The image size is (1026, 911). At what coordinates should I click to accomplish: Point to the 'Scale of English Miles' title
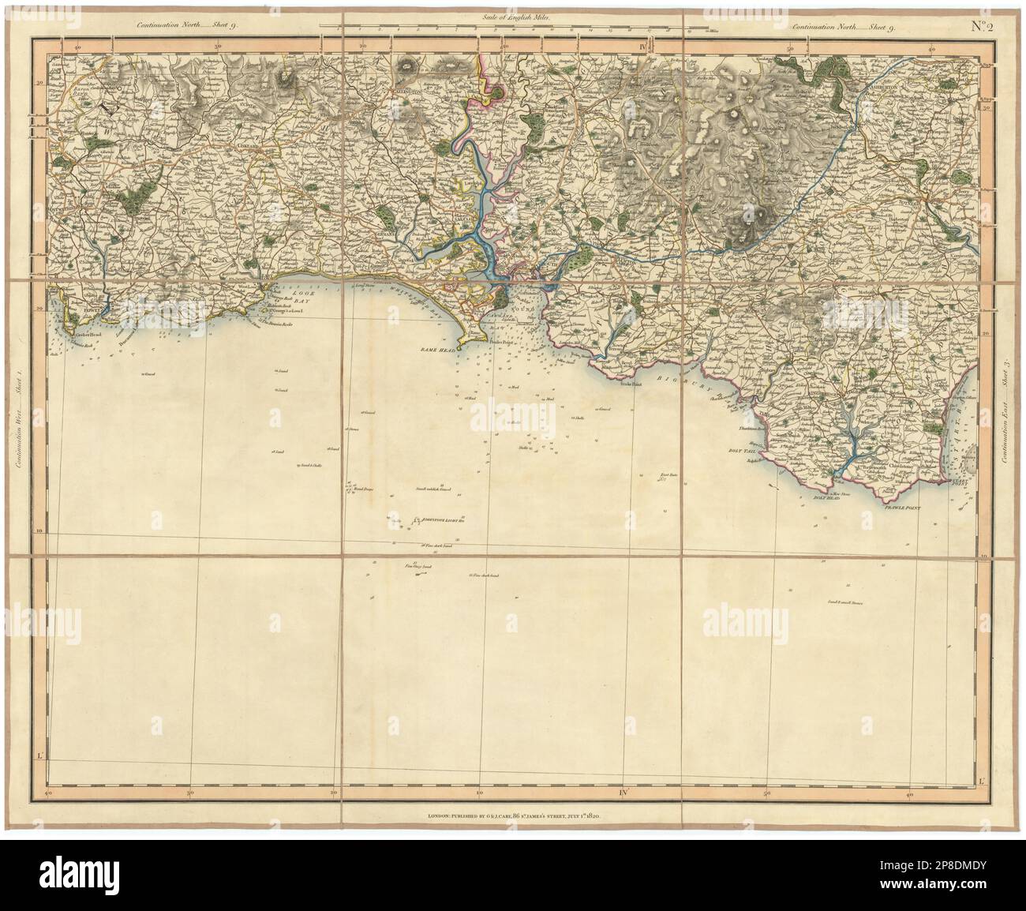click(x=514, y=17)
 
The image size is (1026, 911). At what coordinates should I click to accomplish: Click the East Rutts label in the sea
click(x=669, y=475)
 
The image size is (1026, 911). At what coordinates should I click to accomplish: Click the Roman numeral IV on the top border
click(x=644, y=47)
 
